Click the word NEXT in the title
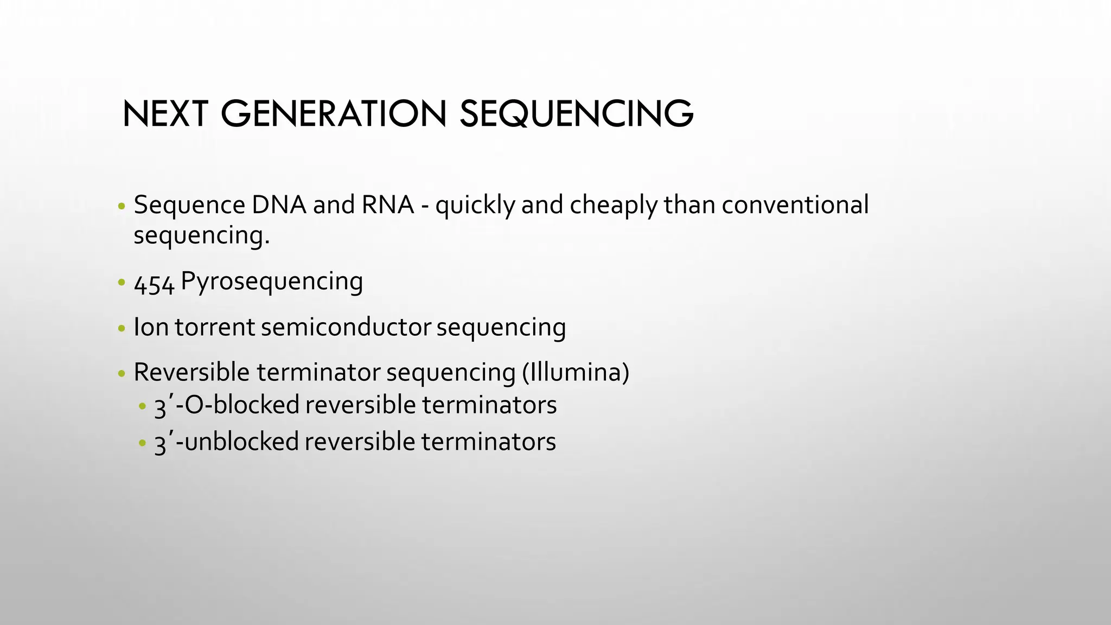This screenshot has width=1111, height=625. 165,114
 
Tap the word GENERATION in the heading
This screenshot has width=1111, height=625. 333,114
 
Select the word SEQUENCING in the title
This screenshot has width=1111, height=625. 576,114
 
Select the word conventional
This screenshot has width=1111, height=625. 795,205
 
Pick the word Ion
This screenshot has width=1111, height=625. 151,327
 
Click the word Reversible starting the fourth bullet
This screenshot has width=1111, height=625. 191,373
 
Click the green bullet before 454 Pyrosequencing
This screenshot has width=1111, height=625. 122,283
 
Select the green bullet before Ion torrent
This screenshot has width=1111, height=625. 122,329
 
